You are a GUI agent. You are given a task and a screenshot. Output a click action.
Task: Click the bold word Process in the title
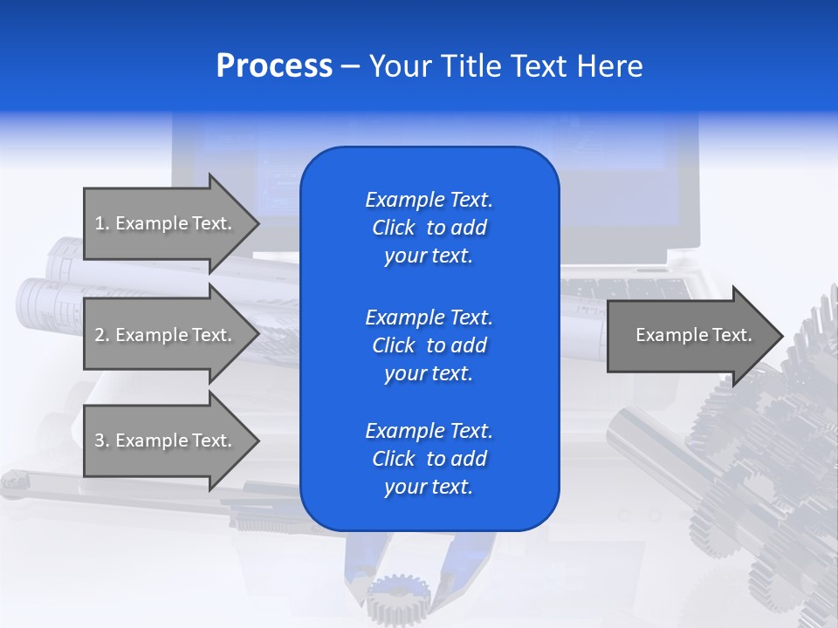point(274,66)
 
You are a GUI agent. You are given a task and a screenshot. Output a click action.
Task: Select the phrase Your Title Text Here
point(506,66)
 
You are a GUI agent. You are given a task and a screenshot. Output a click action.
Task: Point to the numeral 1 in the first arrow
point(99,223)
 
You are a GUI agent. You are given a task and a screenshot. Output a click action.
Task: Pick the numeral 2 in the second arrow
point(100,335)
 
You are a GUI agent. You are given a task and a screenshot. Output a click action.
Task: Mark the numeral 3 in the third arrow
point(100,440)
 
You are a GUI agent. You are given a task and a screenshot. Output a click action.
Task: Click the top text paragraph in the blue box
point(429,228)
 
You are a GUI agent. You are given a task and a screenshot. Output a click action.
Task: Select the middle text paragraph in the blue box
point(429,345)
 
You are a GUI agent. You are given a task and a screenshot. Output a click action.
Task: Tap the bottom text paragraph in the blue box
point(429,459)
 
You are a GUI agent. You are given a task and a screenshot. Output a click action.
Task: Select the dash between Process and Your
point(351,67)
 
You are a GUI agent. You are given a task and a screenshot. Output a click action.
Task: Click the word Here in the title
point(610,66)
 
